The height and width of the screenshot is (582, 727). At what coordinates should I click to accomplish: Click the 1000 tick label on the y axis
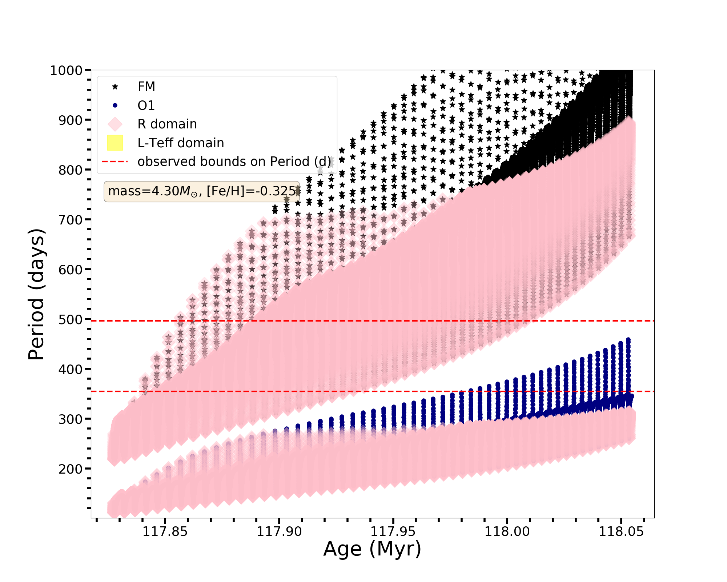coord(66,70)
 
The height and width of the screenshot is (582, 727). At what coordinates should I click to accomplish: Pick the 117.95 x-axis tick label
coord(393,531)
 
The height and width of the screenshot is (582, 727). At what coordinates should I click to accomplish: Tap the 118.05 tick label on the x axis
coord(621,531)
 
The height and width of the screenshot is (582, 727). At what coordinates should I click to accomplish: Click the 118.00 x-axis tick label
coord(507,531)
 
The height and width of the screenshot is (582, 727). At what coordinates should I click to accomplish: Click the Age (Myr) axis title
coord(372,549)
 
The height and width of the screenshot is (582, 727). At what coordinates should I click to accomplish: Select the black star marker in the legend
coord(115,87)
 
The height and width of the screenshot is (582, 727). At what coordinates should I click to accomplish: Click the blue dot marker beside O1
coord(115,105)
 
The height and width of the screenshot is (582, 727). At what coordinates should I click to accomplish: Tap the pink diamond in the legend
coord(115,124)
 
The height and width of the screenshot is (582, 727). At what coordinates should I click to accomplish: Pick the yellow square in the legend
coord(115,143)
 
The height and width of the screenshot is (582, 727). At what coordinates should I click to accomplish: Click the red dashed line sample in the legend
coord(115,162)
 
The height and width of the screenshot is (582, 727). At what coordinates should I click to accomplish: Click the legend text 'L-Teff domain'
coord(181,143)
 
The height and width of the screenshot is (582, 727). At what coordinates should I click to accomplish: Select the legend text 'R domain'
coord(167,124)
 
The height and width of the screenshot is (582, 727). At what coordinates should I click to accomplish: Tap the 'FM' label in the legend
coord(146,87)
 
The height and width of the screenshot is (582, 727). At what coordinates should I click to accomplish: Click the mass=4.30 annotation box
coord(202,191)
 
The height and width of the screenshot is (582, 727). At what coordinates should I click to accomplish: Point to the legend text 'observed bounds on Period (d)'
coord(234,162)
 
